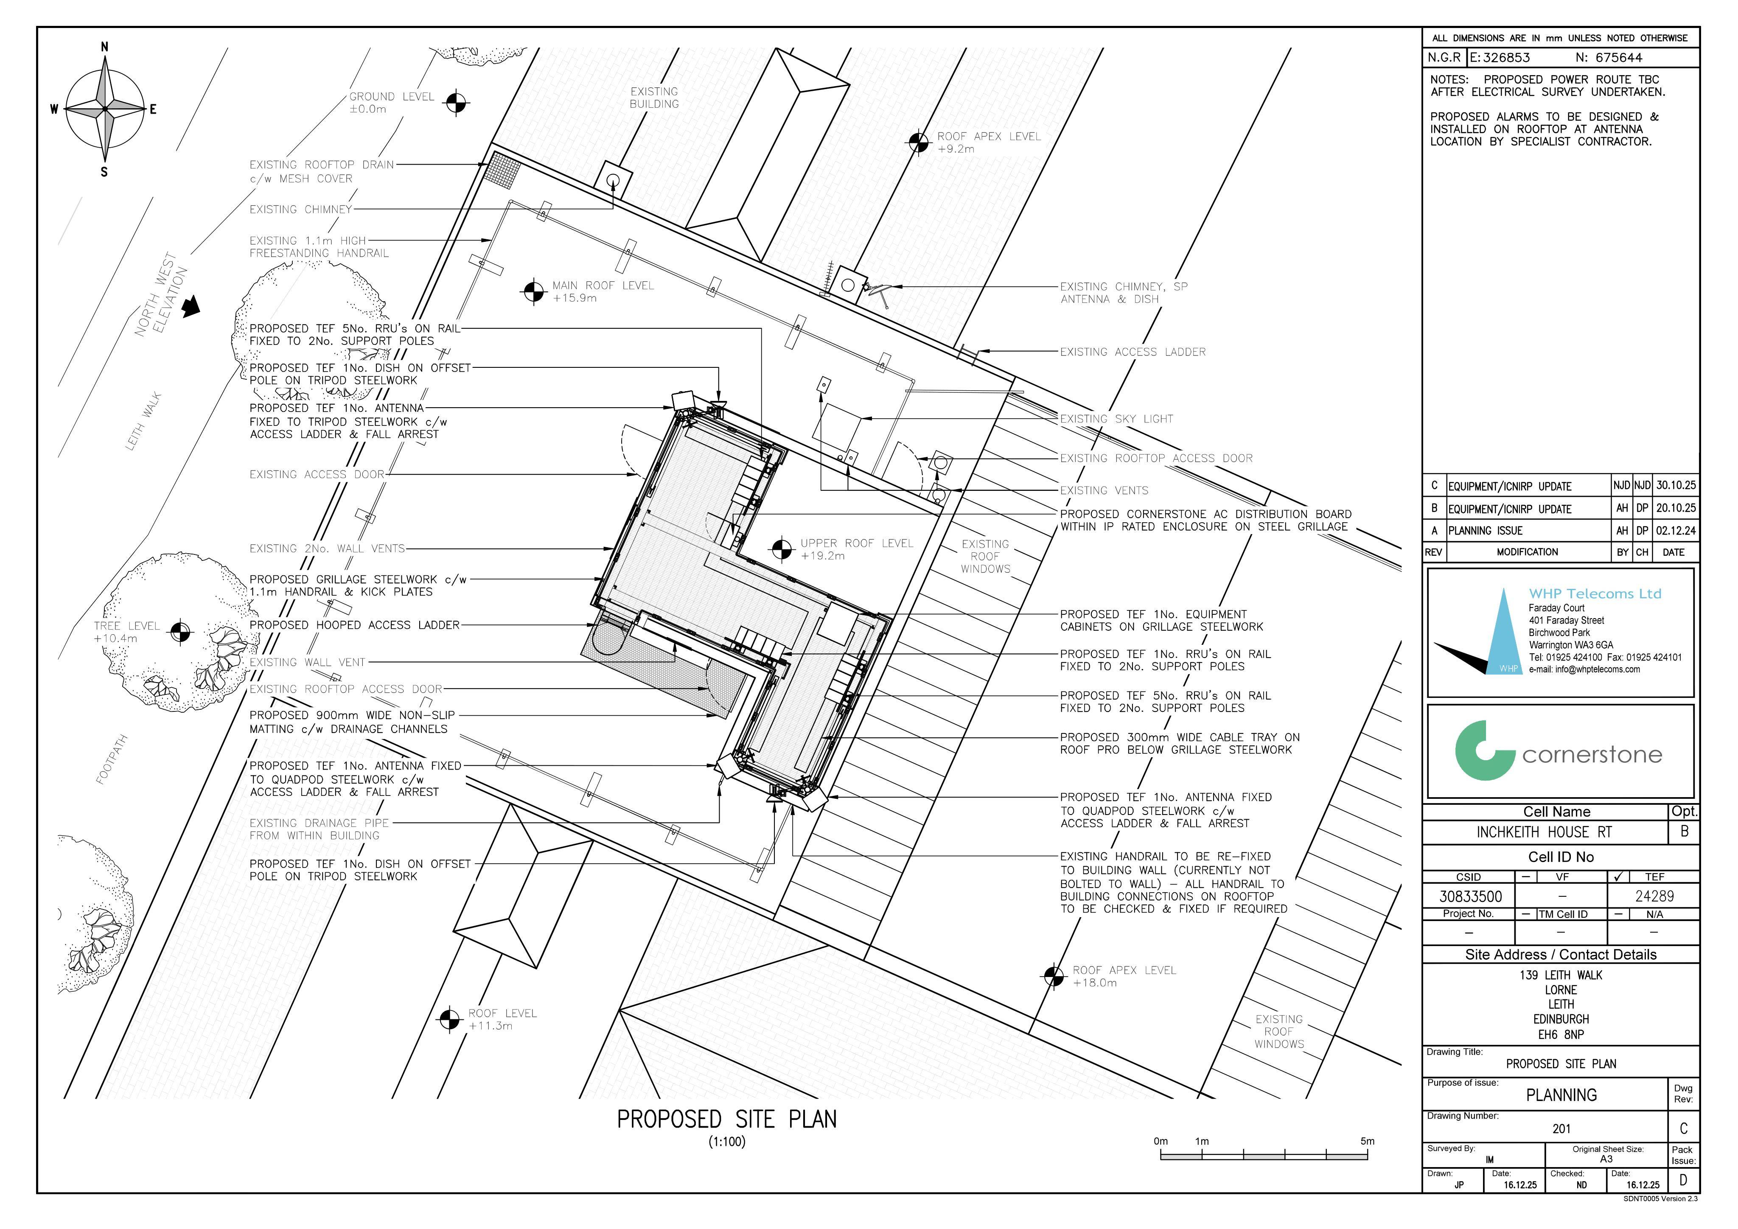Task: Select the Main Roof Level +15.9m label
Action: [603, 291]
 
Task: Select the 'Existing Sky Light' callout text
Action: [1116, 418]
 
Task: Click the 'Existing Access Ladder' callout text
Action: [1133, 352]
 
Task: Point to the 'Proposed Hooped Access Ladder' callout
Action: [354, 625]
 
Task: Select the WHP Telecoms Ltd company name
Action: [1595, 594]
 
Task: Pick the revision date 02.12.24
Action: [1676, 530]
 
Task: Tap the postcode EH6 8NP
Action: [1561, 1035]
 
